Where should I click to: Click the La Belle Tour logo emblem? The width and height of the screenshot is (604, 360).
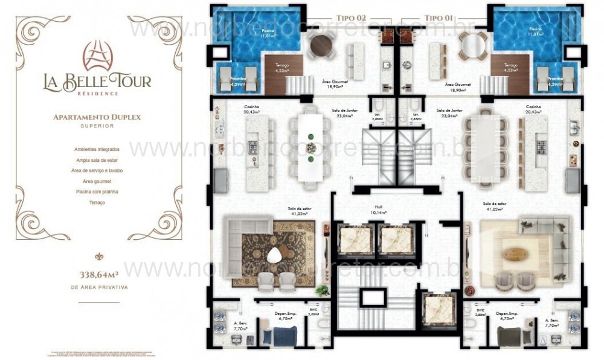[98, 56]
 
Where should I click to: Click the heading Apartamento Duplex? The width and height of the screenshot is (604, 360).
[97, 117]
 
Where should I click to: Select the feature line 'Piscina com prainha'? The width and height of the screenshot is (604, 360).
[97, 191]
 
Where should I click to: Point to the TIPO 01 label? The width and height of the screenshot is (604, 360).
[439, 18]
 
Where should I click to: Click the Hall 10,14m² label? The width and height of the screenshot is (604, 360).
[379, 210]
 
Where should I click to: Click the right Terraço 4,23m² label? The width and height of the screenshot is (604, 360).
[510, 68]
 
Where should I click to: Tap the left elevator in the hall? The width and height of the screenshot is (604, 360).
[355, 239]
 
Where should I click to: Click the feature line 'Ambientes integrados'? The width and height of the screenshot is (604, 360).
[97, 149]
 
